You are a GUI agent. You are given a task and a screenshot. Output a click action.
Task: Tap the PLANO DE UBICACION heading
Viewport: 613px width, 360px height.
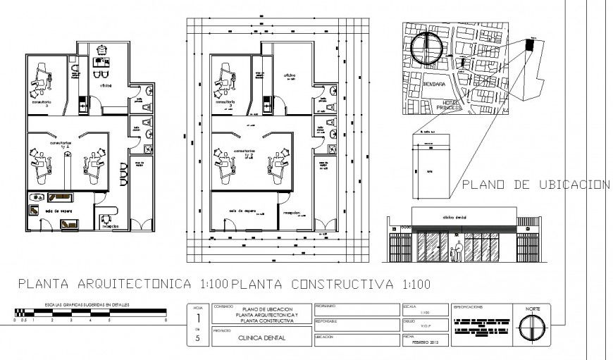point(535,185)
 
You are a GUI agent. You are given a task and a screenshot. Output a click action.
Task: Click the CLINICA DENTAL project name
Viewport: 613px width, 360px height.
point(260,337)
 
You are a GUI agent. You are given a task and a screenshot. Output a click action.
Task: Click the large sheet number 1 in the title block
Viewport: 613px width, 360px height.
point(198,318)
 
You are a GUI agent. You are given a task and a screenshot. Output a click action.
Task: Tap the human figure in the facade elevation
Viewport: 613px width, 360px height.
point(459,251)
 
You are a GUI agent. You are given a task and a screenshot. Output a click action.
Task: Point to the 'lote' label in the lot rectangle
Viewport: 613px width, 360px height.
point(430,171)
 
